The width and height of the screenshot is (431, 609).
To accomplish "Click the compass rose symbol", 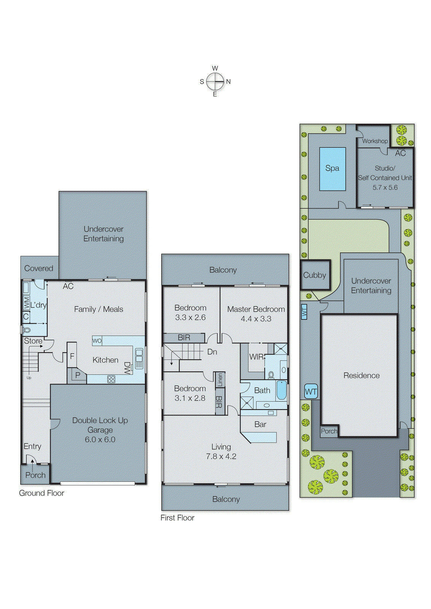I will tap(215, 81).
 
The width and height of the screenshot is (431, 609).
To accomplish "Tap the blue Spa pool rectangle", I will tap(332, 169).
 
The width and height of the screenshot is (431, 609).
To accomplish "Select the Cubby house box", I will tap(315, 275).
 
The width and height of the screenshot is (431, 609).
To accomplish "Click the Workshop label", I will tap(375, 141).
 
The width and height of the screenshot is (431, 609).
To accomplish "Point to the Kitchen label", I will tap(105, 360).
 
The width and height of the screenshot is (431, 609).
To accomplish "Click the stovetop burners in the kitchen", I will tap(111, 379).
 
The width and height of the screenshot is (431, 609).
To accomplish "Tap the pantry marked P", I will tap(78, 375).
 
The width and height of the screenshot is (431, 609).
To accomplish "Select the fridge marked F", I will tap(72, 356).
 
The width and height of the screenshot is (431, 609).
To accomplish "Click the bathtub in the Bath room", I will tap(282, 390).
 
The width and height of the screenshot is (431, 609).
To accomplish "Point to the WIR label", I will tap(256, 357).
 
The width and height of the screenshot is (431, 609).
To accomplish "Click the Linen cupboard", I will tap(220, 379).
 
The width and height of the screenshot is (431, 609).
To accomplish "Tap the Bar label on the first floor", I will tap(260, 424).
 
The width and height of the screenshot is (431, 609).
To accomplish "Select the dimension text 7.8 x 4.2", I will tap(221, 456).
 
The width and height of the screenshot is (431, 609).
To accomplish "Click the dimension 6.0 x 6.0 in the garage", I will tap(100, 439).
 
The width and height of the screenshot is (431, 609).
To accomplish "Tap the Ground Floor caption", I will tap(41, 493).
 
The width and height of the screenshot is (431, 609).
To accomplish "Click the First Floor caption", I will tap(177, 518).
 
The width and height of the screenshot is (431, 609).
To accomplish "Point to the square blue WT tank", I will tap(311, 392).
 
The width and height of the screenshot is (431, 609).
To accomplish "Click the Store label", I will tap(33, 341).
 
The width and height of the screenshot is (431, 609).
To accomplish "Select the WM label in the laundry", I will tap(26, 303).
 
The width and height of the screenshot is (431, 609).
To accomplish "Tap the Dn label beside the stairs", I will tap(212, 352).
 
